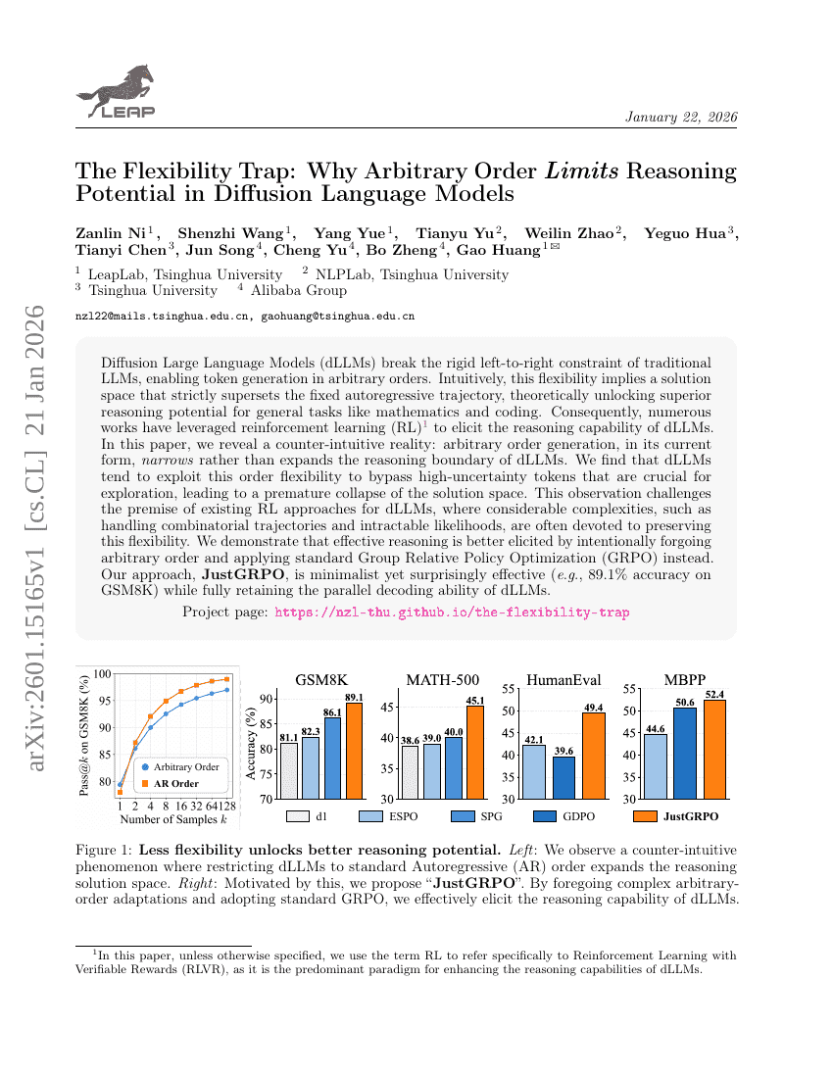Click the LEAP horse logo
pos(116,93)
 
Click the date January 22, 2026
pos(681,118)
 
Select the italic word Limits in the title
pos(581,171)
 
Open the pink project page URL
pos(452,612)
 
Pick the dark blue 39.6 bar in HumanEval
pos(563,777)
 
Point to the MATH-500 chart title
pos(442,680)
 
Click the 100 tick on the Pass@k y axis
pos(103,674)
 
